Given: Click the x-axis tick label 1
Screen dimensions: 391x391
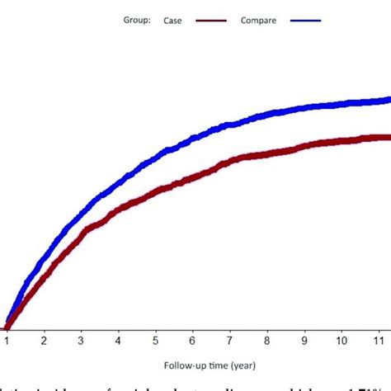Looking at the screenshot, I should pyautogui.click(x=7, y=339).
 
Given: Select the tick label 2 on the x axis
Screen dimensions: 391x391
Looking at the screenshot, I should pyautogui.click(x=44, y=339).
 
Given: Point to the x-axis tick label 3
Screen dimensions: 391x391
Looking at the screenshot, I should pyautogui.click(x=81, y=339).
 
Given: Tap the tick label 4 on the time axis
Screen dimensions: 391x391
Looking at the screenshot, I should pyautogui.click(x=118, y=339).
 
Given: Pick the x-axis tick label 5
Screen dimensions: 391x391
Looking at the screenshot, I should pyautogui.click(x=155, y=339).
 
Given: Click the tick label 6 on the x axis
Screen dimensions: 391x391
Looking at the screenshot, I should pyautogui.click(x=192, y=339).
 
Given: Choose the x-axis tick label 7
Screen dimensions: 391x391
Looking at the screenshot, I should pyautogui.click(x=229, y=339).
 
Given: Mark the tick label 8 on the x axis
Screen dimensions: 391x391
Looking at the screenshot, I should pyautogui.click(x=266, y=339).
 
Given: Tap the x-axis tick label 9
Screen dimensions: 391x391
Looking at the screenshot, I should pyautogui.click(x=304, y=339).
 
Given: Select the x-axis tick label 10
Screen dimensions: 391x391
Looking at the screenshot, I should pyautogui.click(x=341, y=339).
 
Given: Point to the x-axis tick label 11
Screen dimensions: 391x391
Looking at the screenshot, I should pyautogui.click(x=378, y=339).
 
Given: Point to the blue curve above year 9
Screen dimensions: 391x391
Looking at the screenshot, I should pyautogui.click(x=304, y=106).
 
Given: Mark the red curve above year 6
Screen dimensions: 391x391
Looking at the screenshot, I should pyautogui.click(x=192, y=175).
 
